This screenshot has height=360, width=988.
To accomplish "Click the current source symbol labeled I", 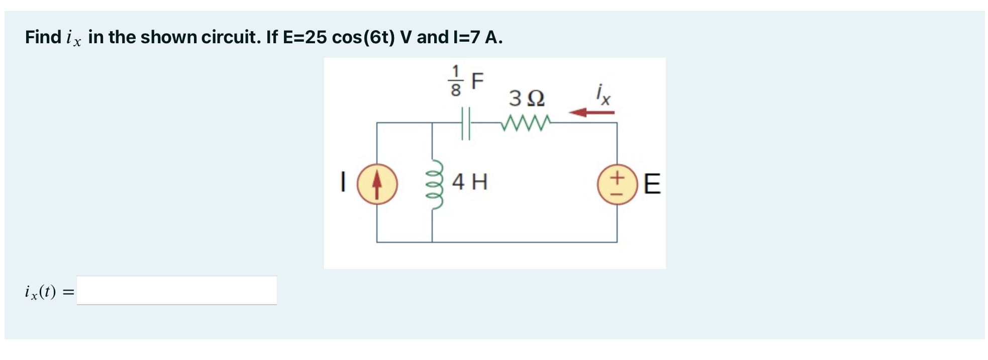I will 377,184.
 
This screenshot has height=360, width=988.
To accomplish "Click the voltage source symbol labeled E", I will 617,184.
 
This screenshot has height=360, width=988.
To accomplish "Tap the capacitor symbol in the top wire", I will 465,123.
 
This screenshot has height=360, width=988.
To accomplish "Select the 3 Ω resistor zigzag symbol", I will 526,122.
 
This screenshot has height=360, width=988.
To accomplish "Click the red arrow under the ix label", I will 591,112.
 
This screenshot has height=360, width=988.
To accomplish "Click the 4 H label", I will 469,182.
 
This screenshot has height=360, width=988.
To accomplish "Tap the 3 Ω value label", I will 526,98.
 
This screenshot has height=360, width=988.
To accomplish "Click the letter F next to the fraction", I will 477,80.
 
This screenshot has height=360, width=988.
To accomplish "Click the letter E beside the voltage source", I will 651,184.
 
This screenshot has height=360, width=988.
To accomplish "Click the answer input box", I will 176,290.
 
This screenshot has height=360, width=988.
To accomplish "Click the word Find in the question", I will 43,37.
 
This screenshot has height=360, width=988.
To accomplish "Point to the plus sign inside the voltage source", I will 618,177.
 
